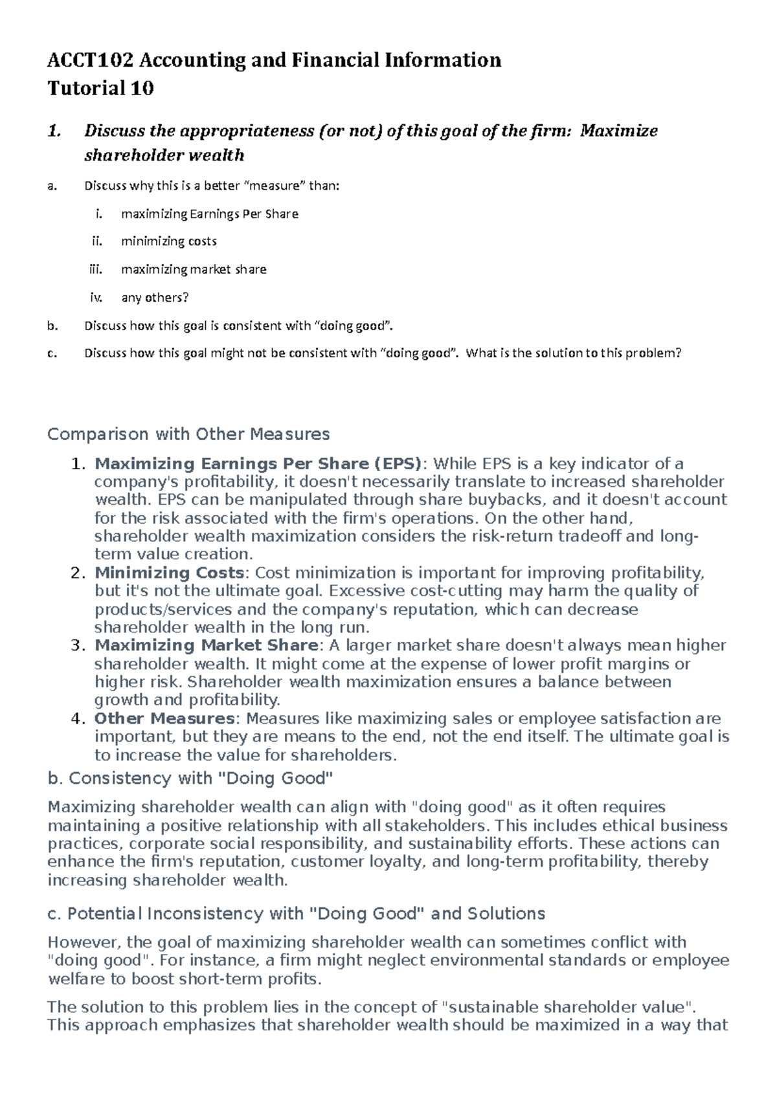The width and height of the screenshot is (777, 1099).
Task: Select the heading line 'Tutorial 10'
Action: click(100, 88)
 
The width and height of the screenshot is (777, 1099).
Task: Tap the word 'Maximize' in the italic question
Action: click(619, 131)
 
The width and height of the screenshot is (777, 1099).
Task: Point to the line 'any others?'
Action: click(155, 298)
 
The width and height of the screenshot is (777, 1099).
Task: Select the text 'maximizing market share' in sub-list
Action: click(194, 269)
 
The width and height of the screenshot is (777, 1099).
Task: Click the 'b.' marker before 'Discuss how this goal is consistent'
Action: click(52, 326)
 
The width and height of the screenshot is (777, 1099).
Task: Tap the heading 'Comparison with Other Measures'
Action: click(188, 434)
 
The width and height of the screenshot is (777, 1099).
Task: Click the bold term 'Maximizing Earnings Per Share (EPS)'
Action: click(258, 464)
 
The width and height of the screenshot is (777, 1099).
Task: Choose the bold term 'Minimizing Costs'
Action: click(169, 573)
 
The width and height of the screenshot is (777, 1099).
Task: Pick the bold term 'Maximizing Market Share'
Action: click(206, 645)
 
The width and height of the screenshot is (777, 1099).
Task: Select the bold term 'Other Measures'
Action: click(164, 718)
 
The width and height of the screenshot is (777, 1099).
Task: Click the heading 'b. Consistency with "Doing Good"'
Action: click(190, 778)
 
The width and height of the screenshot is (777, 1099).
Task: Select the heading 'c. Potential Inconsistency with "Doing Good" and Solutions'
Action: click(297, 914)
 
